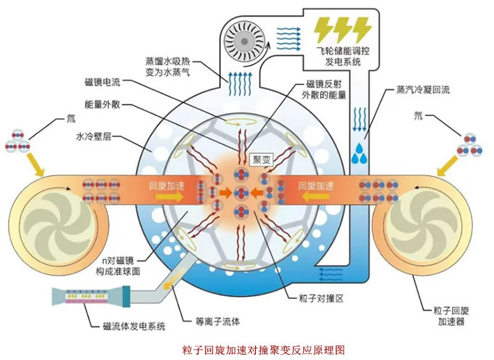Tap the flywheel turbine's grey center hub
243,41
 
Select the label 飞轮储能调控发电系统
343,56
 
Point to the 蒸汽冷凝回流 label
423,90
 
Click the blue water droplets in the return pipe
359,154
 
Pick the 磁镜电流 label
102,82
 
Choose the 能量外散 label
102,105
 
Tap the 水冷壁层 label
94,136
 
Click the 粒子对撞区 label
320,298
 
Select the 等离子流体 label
217,322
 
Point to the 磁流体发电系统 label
134,327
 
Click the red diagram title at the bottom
264,350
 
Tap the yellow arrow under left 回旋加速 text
169,197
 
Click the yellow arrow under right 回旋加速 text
315,197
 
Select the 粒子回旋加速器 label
451,316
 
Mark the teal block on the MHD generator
126,296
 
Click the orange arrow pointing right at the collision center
226,192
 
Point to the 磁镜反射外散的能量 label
324,89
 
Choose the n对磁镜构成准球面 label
118,266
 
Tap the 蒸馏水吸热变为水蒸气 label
168,66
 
